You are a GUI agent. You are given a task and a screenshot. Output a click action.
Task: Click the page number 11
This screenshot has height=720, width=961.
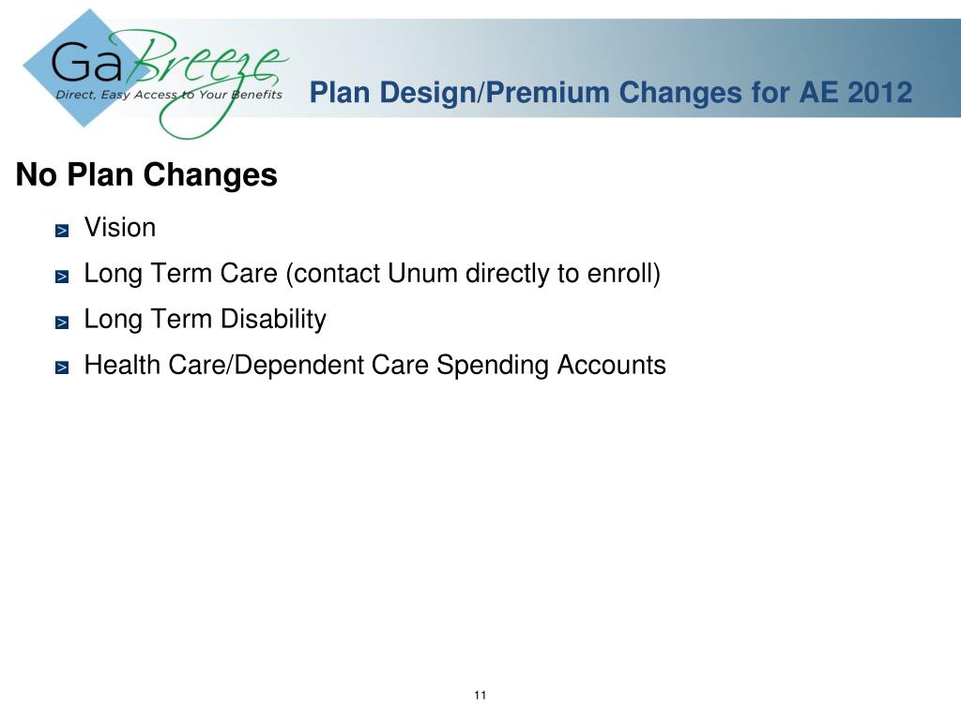point(480,695)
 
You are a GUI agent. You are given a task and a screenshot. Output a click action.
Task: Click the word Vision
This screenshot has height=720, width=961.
point(120,228)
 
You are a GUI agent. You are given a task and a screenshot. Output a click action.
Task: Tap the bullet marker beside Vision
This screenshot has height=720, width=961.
point(62,231)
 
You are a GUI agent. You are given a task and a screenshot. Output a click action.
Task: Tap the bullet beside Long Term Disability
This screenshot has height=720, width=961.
point(62,322)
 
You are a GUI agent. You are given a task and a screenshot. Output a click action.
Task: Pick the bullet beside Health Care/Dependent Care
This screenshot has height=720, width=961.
point(62,368)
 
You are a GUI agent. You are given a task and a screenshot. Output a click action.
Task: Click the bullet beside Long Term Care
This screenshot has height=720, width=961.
point(62,277)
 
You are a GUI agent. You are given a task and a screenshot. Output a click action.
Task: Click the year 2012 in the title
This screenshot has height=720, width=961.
point(879,93)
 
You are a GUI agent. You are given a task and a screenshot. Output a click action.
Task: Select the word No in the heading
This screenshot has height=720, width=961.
point(34,175)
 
